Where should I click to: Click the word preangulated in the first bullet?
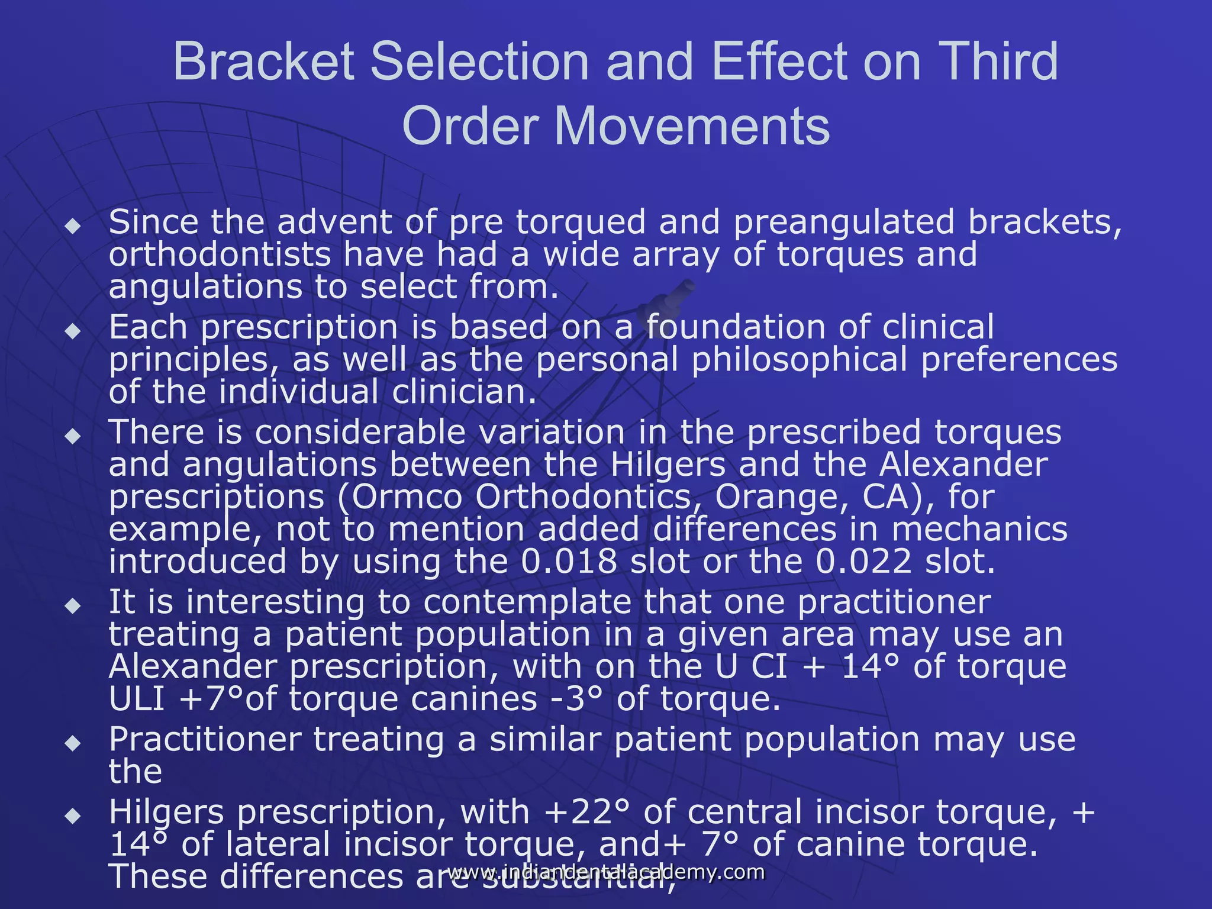844,223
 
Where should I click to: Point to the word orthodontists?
220,255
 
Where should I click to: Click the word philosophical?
799,360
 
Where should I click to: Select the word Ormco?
408,497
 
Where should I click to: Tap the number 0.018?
569,562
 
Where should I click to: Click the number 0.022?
863,562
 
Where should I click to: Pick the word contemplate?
527,602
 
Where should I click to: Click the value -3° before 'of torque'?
576,700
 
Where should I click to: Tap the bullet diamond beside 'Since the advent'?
73,226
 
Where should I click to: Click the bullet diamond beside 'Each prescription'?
73,331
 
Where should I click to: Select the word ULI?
137,700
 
